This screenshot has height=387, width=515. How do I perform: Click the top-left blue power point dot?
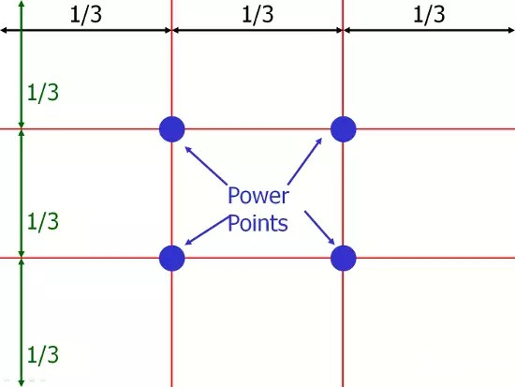pyautogui.click(x=171, y=129)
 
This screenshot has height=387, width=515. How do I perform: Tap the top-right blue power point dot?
pyautogui.click(x=344, y=129)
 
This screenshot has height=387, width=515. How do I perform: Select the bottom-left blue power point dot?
pyautogui.click(x=171, y=258)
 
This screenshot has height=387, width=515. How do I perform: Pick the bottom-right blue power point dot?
pyautogui.click(x=344, y=258)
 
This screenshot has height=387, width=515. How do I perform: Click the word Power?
pyautogui.click(x=258, y=196)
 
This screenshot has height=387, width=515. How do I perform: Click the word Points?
pyautogui.click(x=257, y=223)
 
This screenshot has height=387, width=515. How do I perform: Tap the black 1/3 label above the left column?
pyautogui.click(x=86, y=15)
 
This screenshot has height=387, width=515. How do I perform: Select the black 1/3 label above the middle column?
pyautogui.click(x=257, y=15)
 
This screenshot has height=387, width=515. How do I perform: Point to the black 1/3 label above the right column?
pyautogui.click(x=429, y=15)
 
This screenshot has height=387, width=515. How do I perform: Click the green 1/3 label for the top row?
pyautogui.click(x=43, y=93)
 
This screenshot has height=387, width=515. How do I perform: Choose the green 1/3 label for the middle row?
pyautogui.click(x=43, y=222)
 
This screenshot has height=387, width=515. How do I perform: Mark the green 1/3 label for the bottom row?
pyautogui.click(x=43, y=355)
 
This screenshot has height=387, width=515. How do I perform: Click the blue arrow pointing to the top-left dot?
pyautogui.click(x=206, y=165)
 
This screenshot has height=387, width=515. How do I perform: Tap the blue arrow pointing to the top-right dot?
pyautogui.click(x=305, y=161)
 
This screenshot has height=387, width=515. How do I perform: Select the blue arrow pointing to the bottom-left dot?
pyautogui.click(x=207, y=231)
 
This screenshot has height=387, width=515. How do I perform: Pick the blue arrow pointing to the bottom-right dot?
pyautogui.click(x=319, y=228)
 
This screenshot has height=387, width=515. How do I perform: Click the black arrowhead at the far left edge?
pyautogui.click(x=4, y=31)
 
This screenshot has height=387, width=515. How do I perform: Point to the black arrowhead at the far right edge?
pyautogui.click(x=511, y=31)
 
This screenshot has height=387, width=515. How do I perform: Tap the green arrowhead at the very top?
pyautogui.click(x=22, y=4)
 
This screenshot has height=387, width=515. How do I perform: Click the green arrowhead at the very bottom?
pyautogui.click(x=22, y=383)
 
